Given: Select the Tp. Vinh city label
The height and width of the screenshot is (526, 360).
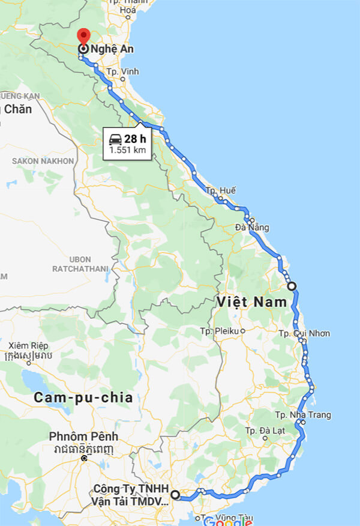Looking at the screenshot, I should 122,71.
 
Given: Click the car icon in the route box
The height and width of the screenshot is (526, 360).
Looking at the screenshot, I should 115,139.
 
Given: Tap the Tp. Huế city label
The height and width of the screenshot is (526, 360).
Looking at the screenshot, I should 220,190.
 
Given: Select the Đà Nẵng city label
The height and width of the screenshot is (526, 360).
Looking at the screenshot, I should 252,228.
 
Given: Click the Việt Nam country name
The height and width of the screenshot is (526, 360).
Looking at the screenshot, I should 253,302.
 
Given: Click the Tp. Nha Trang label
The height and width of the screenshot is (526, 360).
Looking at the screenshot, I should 303,415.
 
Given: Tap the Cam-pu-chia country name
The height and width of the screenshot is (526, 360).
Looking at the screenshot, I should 83,398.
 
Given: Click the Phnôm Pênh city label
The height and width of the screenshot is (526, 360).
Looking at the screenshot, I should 85,437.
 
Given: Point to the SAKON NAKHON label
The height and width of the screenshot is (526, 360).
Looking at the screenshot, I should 43,161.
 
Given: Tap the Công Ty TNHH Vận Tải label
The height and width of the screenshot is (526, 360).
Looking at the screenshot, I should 131,495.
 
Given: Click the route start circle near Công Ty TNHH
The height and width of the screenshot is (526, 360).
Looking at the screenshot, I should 175,495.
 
